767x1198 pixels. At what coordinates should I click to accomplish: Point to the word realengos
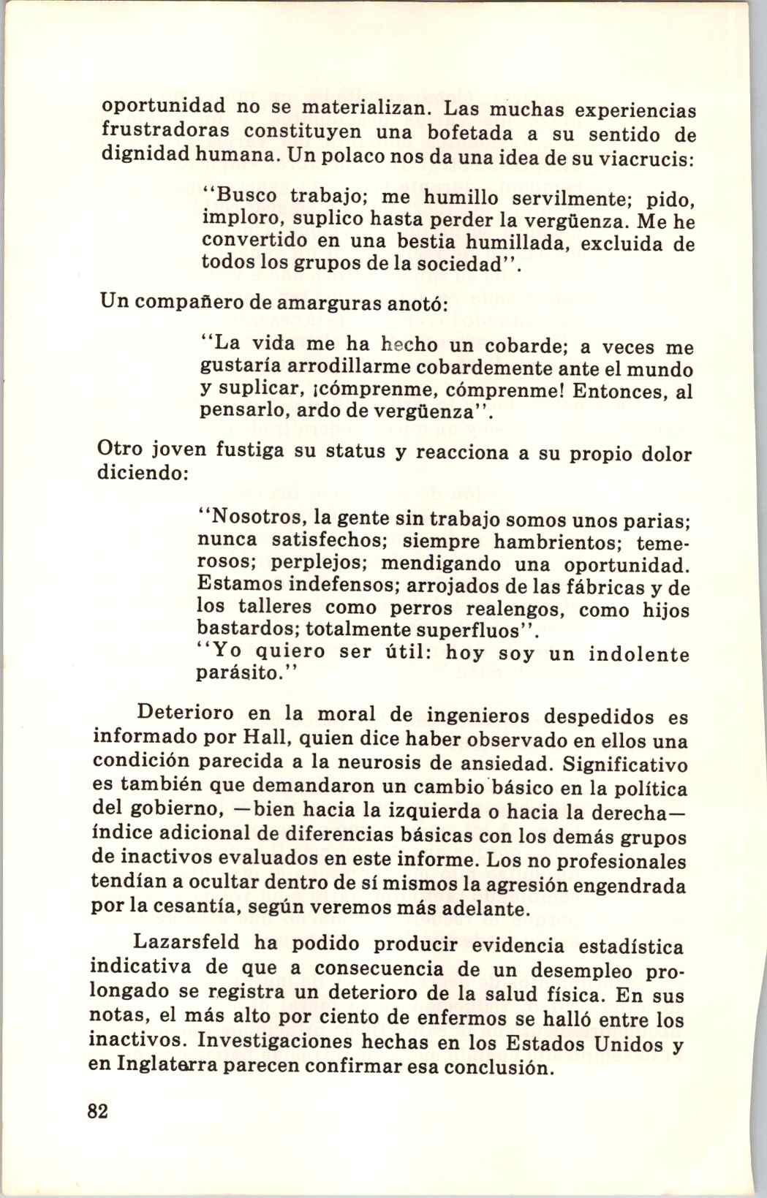point(518,608)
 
